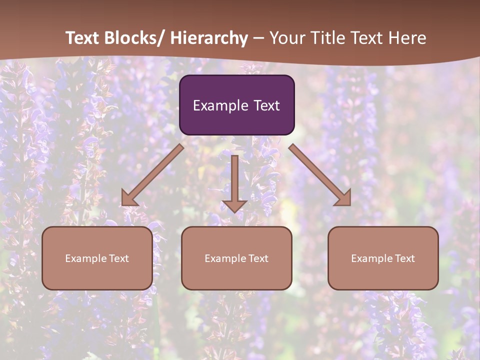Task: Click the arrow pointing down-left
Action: click(x=152, y=175)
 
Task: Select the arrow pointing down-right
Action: click(x=320, y=175)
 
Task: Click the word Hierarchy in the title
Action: click(x=209, y=38)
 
